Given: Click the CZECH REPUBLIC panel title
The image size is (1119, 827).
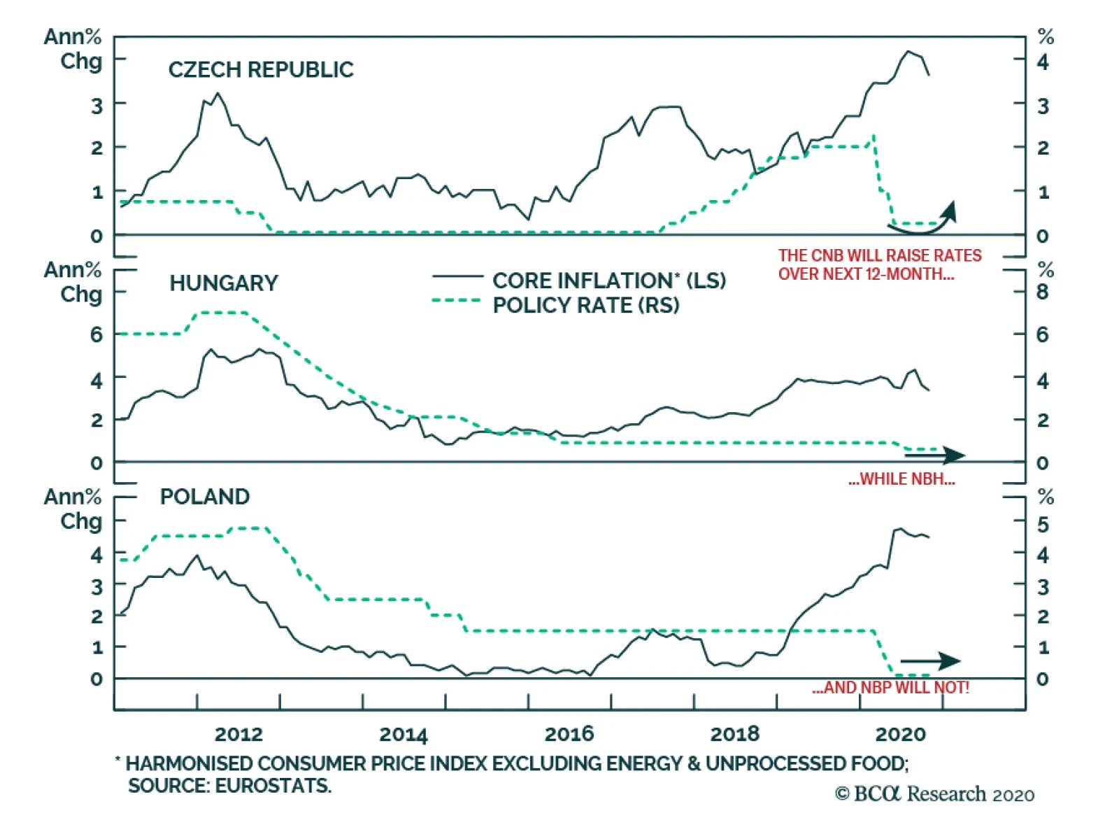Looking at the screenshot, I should (261, 69).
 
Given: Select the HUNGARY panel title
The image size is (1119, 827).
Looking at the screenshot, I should (223, 283).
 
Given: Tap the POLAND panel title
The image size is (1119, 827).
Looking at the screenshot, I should (204, 496).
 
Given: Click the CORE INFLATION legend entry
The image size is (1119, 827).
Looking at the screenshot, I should (608, 280).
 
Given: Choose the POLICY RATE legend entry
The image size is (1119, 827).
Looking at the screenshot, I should (585, 305).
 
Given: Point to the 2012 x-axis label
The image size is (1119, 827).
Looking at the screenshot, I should (238, 734).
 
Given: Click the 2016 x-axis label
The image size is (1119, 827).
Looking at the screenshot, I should (569, 734).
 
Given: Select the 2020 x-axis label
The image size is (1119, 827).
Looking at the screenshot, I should (900, 734).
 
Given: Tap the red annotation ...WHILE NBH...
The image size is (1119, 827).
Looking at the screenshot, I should (901, 479).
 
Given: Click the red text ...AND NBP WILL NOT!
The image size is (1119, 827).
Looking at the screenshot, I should (890, 688).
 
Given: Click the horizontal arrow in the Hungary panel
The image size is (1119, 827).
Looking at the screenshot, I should (934, 455).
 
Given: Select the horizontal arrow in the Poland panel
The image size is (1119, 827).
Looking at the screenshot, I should (930, 660).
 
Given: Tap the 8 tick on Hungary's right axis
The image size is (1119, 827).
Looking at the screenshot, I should (1042, 292).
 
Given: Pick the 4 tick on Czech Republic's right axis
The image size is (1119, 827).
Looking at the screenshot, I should (1042, 62).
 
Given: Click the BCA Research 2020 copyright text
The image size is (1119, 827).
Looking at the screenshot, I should (934, 794).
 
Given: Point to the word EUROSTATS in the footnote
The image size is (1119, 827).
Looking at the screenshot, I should (272, 786).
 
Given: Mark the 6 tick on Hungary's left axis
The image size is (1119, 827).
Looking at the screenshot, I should (96, 334).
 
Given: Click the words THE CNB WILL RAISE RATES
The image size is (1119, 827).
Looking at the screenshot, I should (880, 255).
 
